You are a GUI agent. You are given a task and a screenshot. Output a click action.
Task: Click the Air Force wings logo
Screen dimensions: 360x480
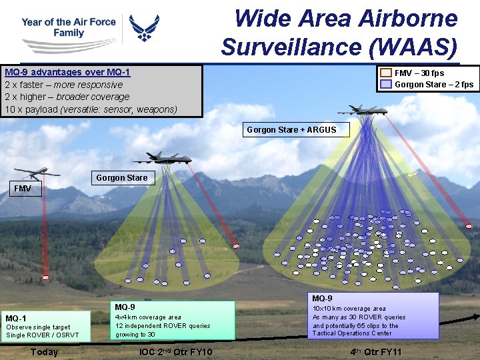point(144,28)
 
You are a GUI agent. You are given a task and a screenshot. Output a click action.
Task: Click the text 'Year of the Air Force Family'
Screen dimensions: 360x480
point(68,27)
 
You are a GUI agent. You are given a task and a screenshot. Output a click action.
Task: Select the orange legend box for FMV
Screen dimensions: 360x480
point(386,73)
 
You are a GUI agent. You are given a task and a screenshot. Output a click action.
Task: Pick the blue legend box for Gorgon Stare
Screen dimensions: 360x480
point(386,84)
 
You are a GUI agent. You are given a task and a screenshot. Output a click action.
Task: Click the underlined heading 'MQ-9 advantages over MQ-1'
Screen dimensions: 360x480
point(67,72)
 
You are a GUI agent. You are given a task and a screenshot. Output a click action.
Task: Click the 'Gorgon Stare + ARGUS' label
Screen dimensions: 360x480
point(291,129)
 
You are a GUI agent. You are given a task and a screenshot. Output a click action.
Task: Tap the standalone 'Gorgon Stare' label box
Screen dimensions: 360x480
point(121,178)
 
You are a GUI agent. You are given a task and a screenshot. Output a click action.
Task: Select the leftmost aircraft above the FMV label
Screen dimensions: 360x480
point(37,173)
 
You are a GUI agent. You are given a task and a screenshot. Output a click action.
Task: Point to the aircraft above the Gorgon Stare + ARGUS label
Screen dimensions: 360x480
point(363,111)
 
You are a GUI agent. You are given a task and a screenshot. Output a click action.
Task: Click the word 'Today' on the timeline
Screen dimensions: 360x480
point(44,352)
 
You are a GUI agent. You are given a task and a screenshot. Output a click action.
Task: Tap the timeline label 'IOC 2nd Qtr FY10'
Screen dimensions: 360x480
point(176,352)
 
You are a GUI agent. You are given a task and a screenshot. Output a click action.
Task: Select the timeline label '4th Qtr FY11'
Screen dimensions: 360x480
point(376,352)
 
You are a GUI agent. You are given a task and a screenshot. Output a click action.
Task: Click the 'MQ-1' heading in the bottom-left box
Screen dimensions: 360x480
point(16,318)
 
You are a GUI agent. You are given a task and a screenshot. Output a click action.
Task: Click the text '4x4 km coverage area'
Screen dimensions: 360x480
point(148,317)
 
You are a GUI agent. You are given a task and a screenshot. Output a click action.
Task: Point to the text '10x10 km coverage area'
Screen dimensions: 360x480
point(349,309)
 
